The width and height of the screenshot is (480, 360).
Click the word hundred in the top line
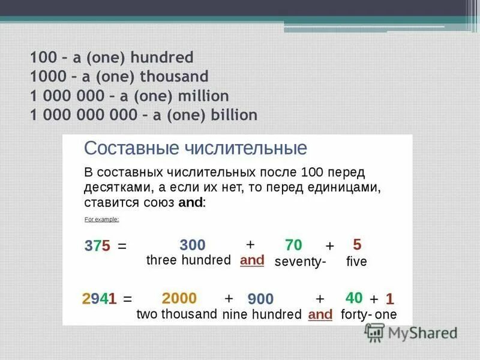point(164,58)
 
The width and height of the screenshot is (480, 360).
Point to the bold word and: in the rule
point(192,203)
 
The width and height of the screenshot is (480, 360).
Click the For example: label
point(101,220)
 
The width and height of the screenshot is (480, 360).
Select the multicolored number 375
point(97,247)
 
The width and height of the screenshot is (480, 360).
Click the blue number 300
point(192,245)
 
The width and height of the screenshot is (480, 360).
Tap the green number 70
point(293,245)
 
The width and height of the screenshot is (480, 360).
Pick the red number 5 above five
point(357,244)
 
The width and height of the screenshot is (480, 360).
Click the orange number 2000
point(179,298)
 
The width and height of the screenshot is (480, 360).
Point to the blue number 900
point(260,299)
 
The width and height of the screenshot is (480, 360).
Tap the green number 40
point(354,298)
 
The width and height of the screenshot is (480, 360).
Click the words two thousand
point(176,314)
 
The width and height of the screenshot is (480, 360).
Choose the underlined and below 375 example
point(252,261)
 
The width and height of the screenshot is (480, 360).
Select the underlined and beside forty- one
point(320,314)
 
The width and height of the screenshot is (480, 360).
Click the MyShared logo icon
point(376,331)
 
